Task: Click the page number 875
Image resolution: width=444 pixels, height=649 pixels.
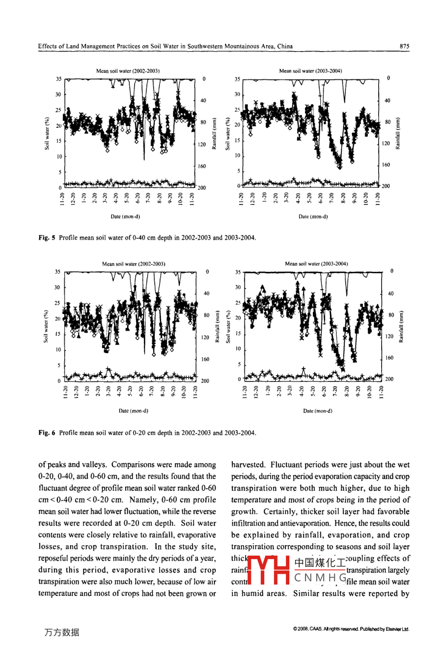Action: pyautogui.click(x=404, y=46)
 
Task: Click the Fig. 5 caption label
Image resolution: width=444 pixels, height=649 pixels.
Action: pyautogui.click(x=47, y=238)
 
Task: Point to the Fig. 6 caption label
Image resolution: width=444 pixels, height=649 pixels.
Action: pyautogui.click(x=47, y=433)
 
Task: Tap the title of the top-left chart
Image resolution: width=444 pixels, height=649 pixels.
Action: pyautogui.click(x=128, y=71)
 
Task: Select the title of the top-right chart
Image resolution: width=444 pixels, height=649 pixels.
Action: pyautogui.click(x=310, y=71)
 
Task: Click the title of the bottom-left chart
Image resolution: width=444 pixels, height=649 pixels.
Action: pyautogui.click(x=134, y=264)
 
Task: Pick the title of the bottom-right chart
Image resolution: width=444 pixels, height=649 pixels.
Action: pyautogui.click(x=316, y=264)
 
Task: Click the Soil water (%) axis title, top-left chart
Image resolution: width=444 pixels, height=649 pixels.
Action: pyautogui.click(x=47, y=133)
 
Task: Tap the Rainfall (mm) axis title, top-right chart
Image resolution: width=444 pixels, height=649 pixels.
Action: pyautogui.click(x=397, y=133)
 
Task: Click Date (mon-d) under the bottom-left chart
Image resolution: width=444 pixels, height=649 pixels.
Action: pyautogui.click(x=134, y=411)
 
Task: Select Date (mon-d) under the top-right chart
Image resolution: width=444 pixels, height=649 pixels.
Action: pyautogui.click(x=313, y=216)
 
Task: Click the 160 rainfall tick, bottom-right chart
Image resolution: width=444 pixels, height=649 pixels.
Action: pyautogui.click(x=389, y=358)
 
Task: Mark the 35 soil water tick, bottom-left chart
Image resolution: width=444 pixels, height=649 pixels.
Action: pyautogui.click(x=58, y=271)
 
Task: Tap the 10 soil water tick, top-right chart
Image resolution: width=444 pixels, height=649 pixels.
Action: pyautogui.click(x=238, y=156)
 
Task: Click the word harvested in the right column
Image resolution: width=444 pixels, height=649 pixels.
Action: pyautogui.click(x=249, y=465)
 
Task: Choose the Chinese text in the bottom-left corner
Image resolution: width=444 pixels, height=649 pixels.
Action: pyautogui.click(x=61, y=633)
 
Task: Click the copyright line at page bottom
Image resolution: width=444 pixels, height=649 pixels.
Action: pyautogui.click(x=350, y=629)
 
